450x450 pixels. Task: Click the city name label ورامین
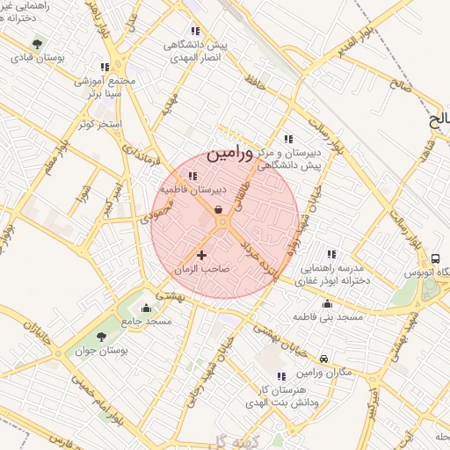[230, 153]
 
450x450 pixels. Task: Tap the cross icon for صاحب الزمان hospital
[202, 256]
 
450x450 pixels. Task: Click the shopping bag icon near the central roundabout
[218, 209]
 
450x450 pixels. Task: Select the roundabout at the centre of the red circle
[223, 224]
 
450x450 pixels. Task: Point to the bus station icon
[436, 258]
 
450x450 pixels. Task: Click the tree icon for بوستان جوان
[102, 337]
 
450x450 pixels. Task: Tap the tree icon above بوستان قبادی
[36, 43]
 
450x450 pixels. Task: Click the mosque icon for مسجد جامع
[146, 308]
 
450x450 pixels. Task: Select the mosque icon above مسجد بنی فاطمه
[328, 302]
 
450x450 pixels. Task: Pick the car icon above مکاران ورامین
[324, 359]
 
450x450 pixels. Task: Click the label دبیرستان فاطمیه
[193, 189]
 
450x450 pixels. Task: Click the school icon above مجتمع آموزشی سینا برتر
[105, 67]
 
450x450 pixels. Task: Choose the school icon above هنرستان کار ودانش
[281, 376]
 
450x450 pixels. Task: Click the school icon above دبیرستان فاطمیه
[192, 177]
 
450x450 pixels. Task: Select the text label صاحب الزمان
[202, 270]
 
